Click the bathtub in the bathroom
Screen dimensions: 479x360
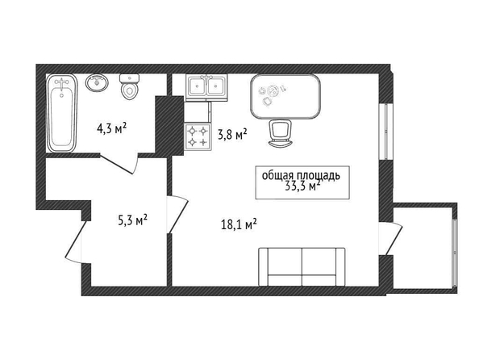(62, 113)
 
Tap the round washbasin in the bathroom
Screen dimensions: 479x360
(97, 82)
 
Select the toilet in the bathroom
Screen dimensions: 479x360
(130, 87)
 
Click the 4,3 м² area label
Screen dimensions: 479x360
(111, 129)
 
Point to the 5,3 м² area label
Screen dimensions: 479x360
(133, 220)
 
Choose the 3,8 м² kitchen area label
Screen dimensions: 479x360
(232, 134)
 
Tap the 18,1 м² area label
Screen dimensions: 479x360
(239, 225)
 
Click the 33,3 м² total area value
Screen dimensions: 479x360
(303, 186)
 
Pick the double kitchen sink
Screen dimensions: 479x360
(206, 87)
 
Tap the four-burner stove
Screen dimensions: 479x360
(198, 136)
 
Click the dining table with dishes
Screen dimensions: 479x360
(285, 96)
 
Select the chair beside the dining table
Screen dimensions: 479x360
(281, 133)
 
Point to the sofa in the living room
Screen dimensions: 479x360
(302, 266)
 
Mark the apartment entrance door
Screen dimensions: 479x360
(74, 241)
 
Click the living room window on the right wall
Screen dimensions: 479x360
(385, 132)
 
